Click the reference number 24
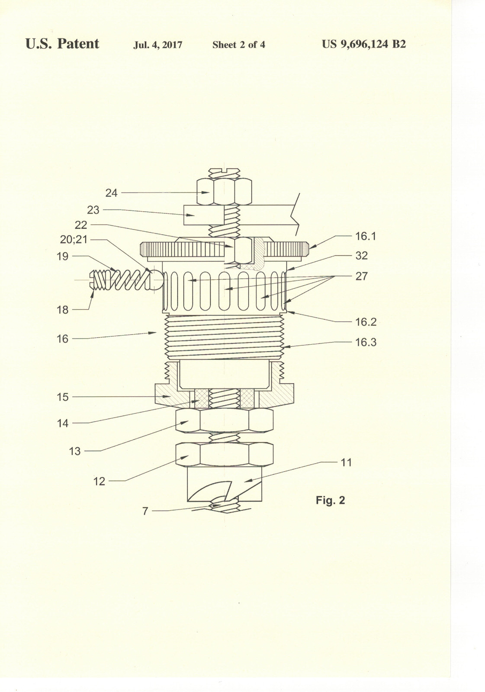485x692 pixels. click(x=111, y=193)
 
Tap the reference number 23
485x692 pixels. click(x=93, y=210)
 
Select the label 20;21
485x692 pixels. click(x=74, y=240)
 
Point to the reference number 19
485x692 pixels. click(x=62, y=256)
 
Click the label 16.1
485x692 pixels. click(x=366, y=236)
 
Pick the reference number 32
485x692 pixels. click(x=361, y=256)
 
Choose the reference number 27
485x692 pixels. click(x=361, y=276)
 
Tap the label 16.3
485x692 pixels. click(x=366, y=342)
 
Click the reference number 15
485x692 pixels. click(x=62, y=397)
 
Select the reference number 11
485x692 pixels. click(x=346, y=462)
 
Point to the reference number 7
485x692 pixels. click(x=145, y=511)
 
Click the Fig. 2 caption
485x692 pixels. click(x=330, y=500)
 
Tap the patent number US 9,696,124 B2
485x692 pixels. click(x=364, y=44)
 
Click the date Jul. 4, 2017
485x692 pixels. click(x=157, y=45)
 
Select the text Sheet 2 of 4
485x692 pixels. click(x=239, y=45)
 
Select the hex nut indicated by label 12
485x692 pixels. click(x=225, y=454)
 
